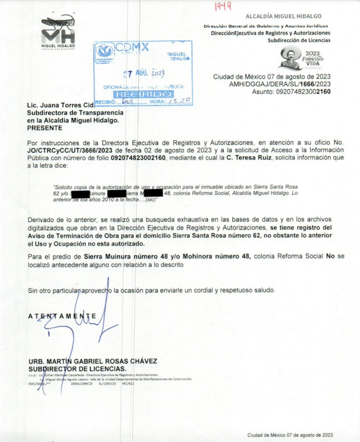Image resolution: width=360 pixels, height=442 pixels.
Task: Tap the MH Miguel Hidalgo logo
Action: (58, 33)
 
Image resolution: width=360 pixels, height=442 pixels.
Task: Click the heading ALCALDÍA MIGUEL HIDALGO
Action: (291, 16)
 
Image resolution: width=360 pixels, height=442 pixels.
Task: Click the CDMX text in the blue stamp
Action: (132, 48)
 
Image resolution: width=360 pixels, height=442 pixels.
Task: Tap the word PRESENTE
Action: (45, 127)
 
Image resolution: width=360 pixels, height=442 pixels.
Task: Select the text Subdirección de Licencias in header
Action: (296, 40)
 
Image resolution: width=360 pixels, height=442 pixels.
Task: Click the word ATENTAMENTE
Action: (62, 316)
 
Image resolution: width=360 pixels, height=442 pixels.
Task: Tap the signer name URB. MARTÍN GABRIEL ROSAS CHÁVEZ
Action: (93, 361)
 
